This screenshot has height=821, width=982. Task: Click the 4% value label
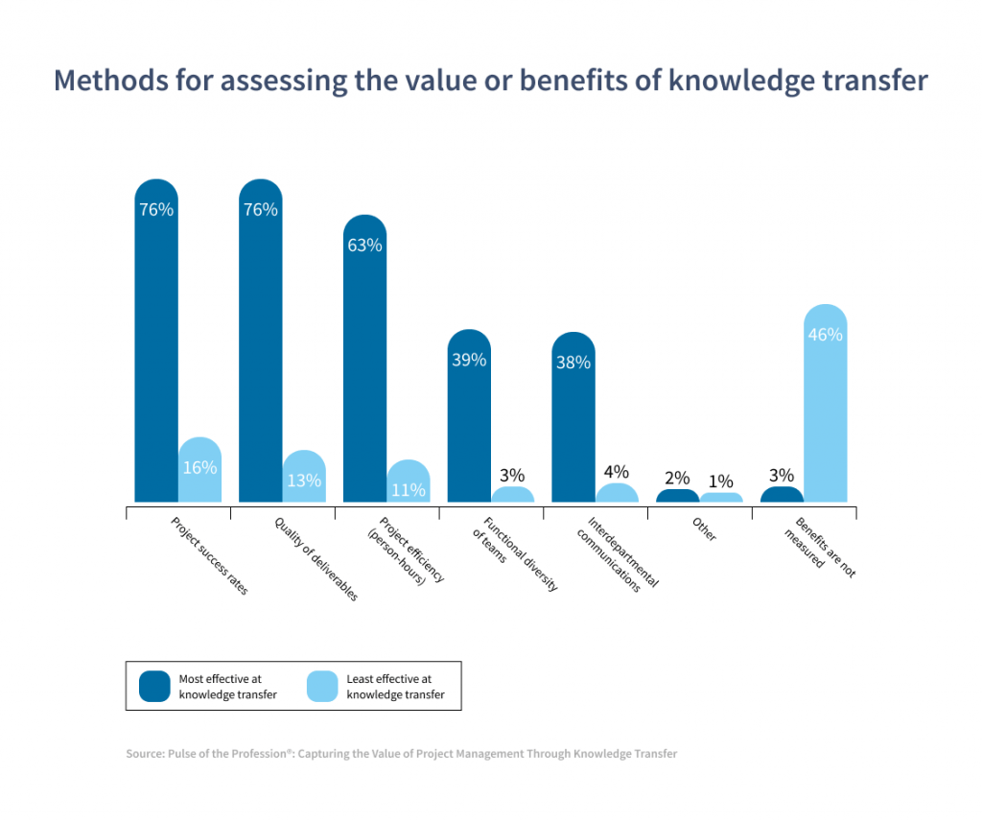(617, 472)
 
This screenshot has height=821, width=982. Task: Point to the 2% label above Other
(677, 478)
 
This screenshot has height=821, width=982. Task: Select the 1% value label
(721, 481)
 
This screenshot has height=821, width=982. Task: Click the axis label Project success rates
(209, 556)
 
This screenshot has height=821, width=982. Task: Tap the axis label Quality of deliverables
(316, 559)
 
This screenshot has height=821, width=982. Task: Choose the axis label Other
(704, 530)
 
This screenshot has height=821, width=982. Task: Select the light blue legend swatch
(322, 686)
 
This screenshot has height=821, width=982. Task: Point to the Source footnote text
(401, 754)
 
